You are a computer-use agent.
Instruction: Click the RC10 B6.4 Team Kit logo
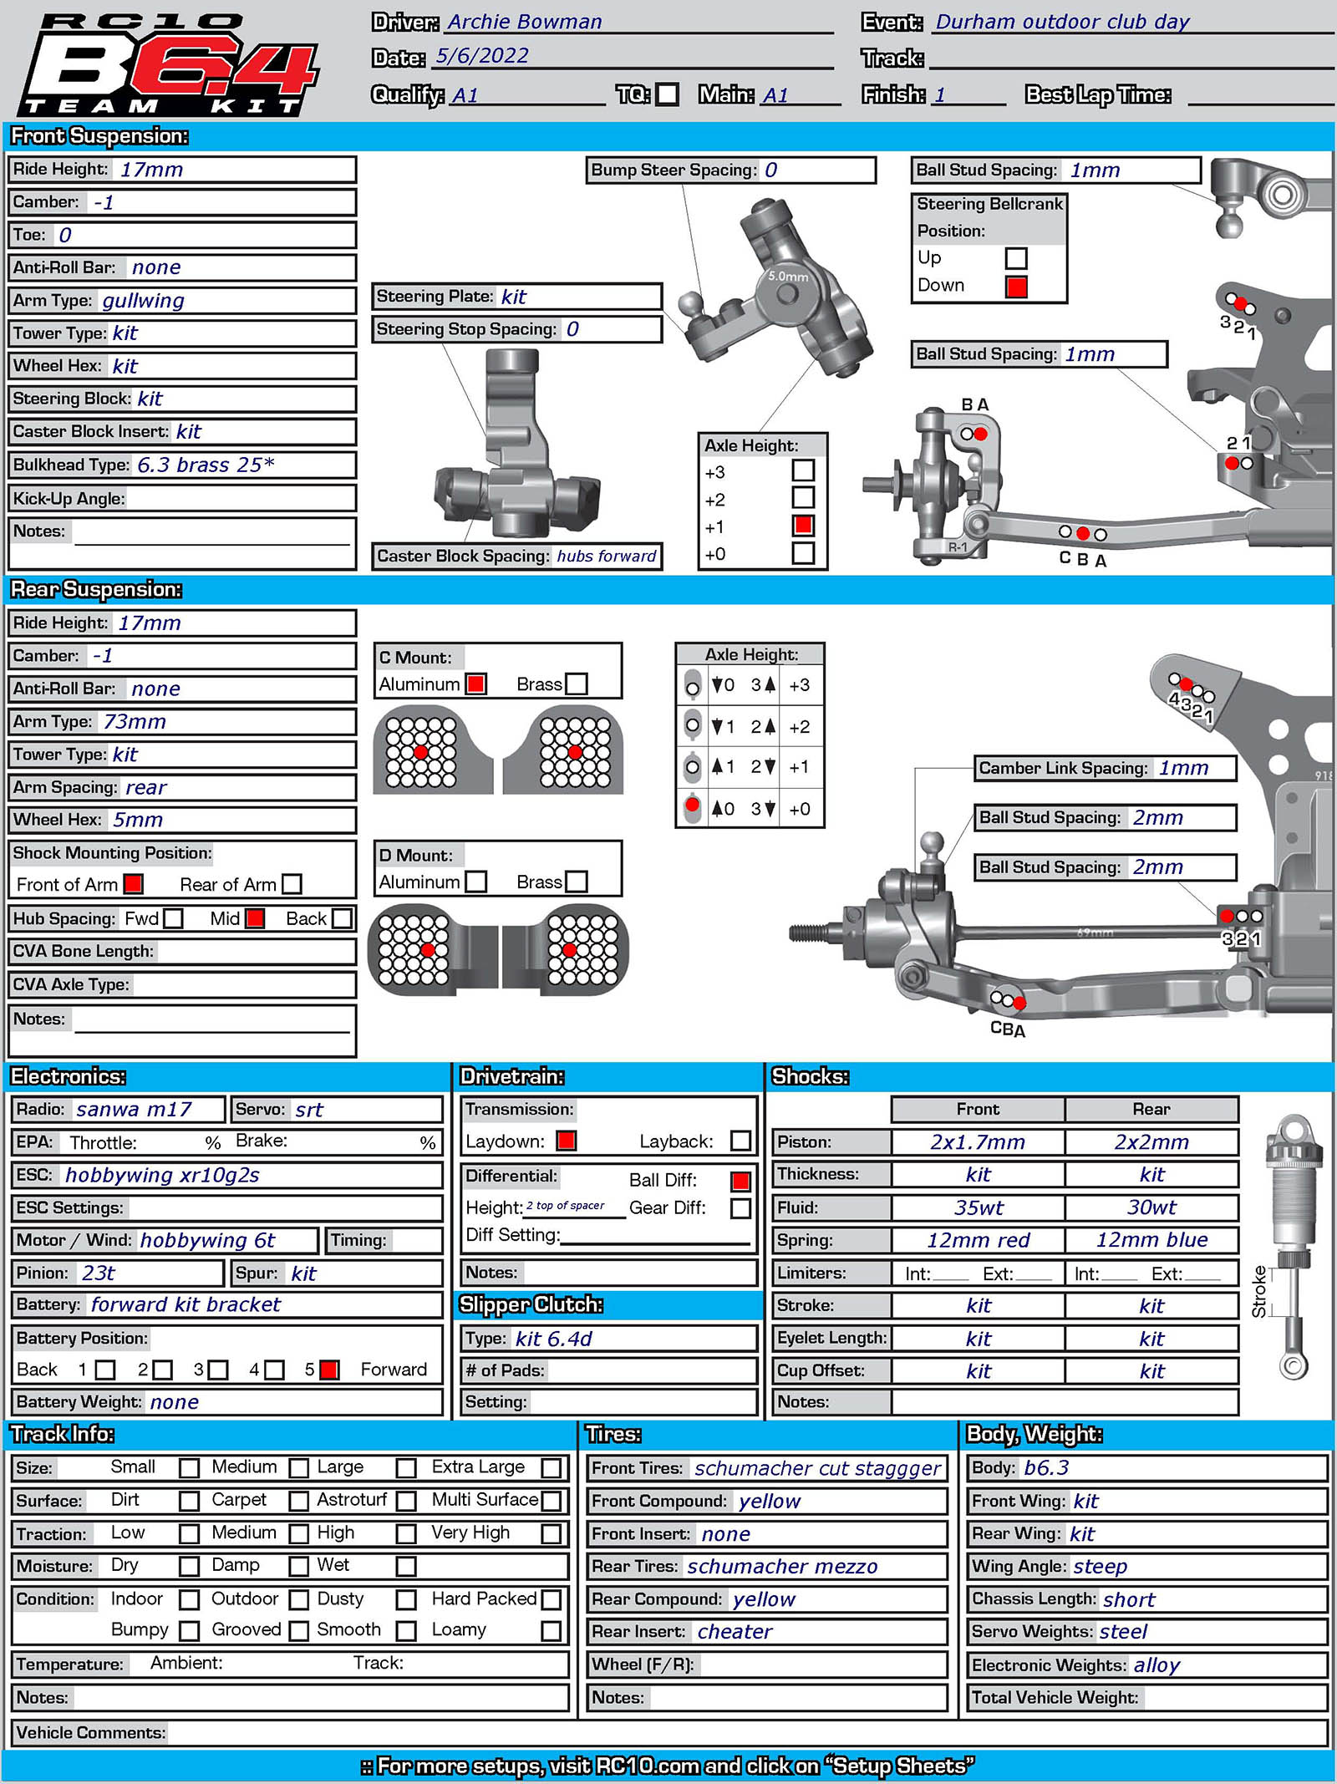167,65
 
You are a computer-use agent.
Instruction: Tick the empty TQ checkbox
667,94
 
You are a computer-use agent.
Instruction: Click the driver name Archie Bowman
524,22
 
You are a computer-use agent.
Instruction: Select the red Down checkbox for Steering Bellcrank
1016,287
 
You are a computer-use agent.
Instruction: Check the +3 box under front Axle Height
803,470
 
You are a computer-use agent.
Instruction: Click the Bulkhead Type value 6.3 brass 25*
206,465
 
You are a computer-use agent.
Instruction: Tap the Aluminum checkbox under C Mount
476,684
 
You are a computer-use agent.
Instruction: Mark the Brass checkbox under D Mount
577,882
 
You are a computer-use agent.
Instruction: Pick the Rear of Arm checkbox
292,884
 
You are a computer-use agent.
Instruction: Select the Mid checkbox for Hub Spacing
255,918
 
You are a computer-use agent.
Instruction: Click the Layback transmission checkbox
740,1141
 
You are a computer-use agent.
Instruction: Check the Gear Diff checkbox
740,1208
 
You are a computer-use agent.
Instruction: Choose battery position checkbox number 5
329,1370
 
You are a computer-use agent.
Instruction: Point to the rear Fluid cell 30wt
1151,1207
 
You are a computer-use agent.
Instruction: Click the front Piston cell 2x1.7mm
977,1142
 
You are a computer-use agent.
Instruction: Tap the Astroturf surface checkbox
406,1501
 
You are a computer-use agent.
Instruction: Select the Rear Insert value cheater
735,1632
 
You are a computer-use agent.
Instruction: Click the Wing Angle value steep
1100,1567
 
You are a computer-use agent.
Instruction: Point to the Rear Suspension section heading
96,590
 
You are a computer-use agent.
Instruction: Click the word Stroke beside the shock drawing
1259,1293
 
